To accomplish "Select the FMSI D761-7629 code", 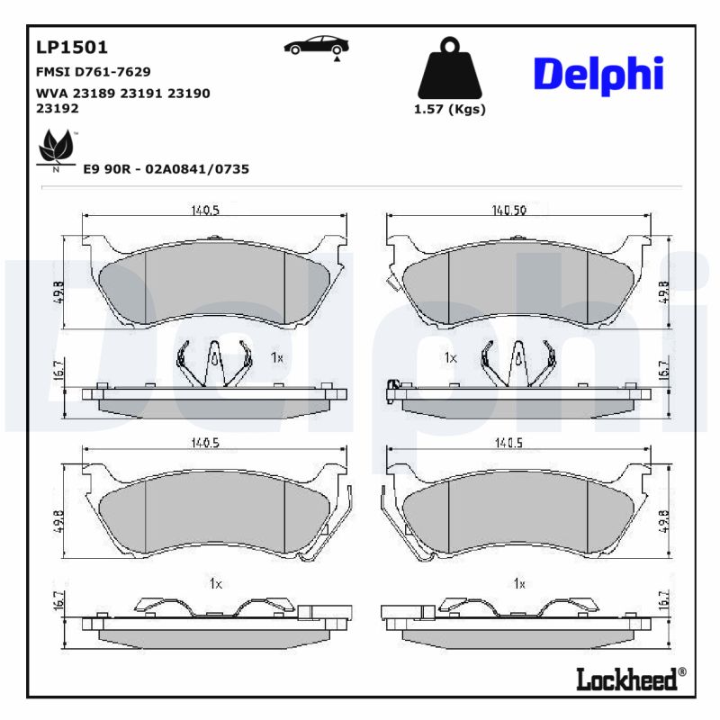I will click(93, 72).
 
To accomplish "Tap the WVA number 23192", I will click(57, 108).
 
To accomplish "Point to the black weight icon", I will click(448, 67).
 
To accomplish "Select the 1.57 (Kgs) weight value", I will click(449, 110).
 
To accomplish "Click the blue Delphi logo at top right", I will click(598, 74).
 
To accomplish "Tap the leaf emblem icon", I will click(56, 148).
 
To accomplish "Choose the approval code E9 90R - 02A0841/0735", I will click(166, 168).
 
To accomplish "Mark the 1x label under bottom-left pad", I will click(215, 583).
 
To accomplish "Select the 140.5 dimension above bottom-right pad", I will click(508, 443).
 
